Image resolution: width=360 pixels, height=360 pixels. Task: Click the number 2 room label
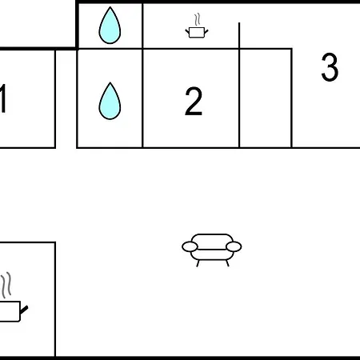[194, 102]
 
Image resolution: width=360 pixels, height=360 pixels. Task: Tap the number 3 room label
[330, 67]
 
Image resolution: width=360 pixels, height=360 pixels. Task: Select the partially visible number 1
[2, 98]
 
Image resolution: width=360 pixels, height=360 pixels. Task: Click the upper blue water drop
[110, 26]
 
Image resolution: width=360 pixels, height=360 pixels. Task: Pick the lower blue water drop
[110, 101]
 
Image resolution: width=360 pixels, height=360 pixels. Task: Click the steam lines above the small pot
[198, 19]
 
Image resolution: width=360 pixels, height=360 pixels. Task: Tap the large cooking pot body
[10, 311]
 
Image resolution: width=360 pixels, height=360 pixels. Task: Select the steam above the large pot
[6, 285]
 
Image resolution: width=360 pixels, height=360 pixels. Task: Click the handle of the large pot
[24, 310]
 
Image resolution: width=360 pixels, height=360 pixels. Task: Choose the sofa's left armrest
[190, 246]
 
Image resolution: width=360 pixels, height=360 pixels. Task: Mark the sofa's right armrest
[234, 246]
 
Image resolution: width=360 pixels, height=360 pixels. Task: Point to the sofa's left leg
[198, 263]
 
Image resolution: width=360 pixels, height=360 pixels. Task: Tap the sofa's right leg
[227, 263]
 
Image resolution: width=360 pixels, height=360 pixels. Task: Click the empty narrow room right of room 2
[266, 98]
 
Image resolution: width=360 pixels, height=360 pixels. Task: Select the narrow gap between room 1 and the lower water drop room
[66, 98]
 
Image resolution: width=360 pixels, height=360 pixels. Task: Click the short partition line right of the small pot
[239, 35]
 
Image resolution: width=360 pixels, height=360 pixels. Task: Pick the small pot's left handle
[187, 32]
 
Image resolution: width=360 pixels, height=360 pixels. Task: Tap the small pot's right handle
[206, 31]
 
